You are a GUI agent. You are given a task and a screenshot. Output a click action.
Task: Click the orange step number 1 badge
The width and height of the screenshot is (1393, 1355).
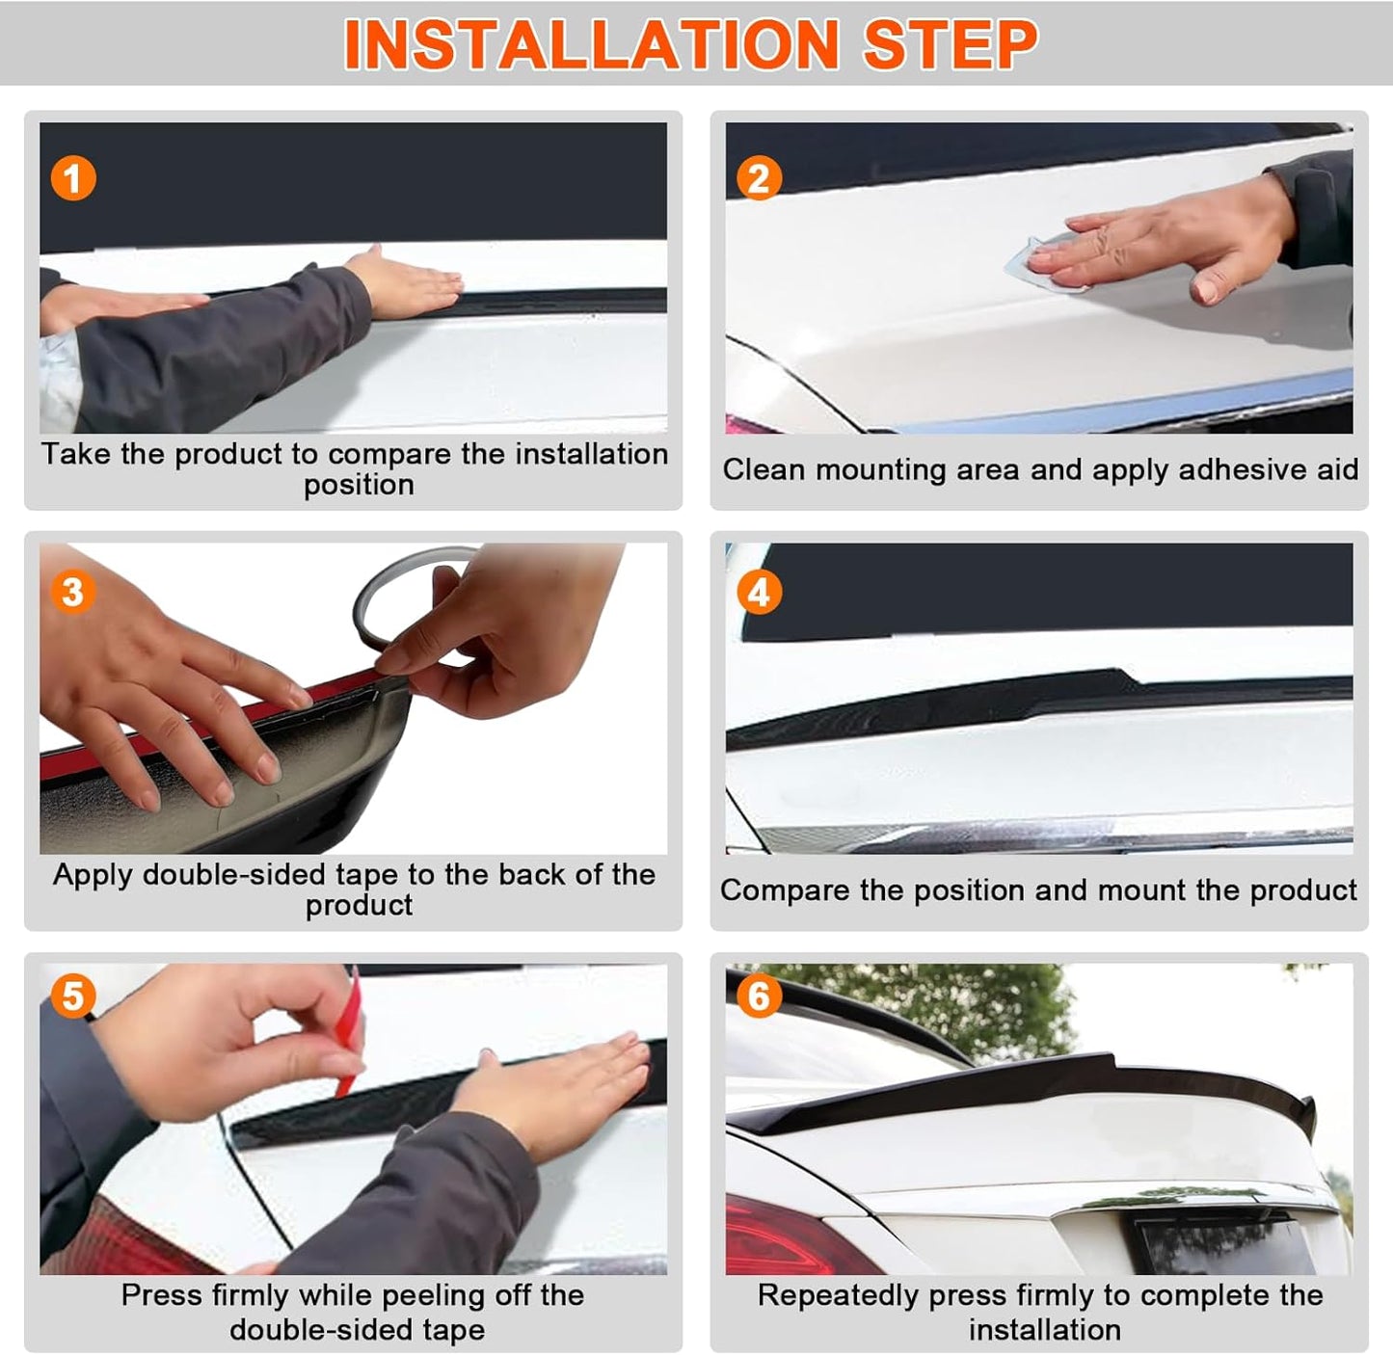tap(73, 178)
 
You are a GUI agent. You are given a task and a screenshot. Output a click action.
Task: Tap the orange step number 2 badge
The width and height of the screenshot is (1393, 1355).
tap(758, 178)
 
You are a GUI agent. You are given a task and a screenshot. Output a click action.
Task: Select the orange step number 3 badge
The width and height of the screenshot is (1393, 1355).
tap(73, 592)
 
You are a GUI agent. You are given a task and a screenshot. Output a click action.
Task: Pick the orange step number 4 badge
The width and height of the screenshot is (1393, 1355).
tap(758, 592)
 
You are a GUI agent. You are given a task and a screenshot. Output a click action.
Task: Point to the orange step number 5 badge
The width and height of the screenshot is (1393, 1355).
tap(73, 996)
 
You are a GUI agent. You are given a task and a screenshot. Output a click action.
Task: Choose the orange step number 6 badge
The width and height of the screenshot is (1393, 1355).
tap(758, 996)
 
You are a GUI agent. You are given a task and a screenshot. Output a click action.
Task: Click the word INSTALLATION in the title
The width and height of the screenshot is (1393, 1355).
tap(592, 44)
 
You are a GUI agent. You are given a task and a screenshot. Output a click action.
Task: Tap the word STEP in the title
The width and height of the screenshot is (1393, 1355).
tap(951, 44)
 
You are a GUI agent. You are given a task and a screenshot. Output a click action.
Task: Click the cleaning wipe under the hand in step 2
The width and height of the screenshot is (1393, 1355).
tap(1038, 266)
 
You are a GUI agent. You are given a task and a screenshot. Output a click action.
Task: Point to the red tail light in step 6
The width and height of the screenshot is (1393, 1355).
tap(794, 1236)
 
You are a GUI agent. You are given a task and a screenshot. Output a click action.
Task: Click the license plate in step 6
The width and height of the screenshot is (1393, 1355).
tap(1225, 1246)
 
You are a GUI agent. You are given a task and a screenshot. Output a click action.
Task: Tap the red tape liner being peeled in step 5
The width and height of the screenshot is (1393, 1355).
tap(349, 1034)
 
